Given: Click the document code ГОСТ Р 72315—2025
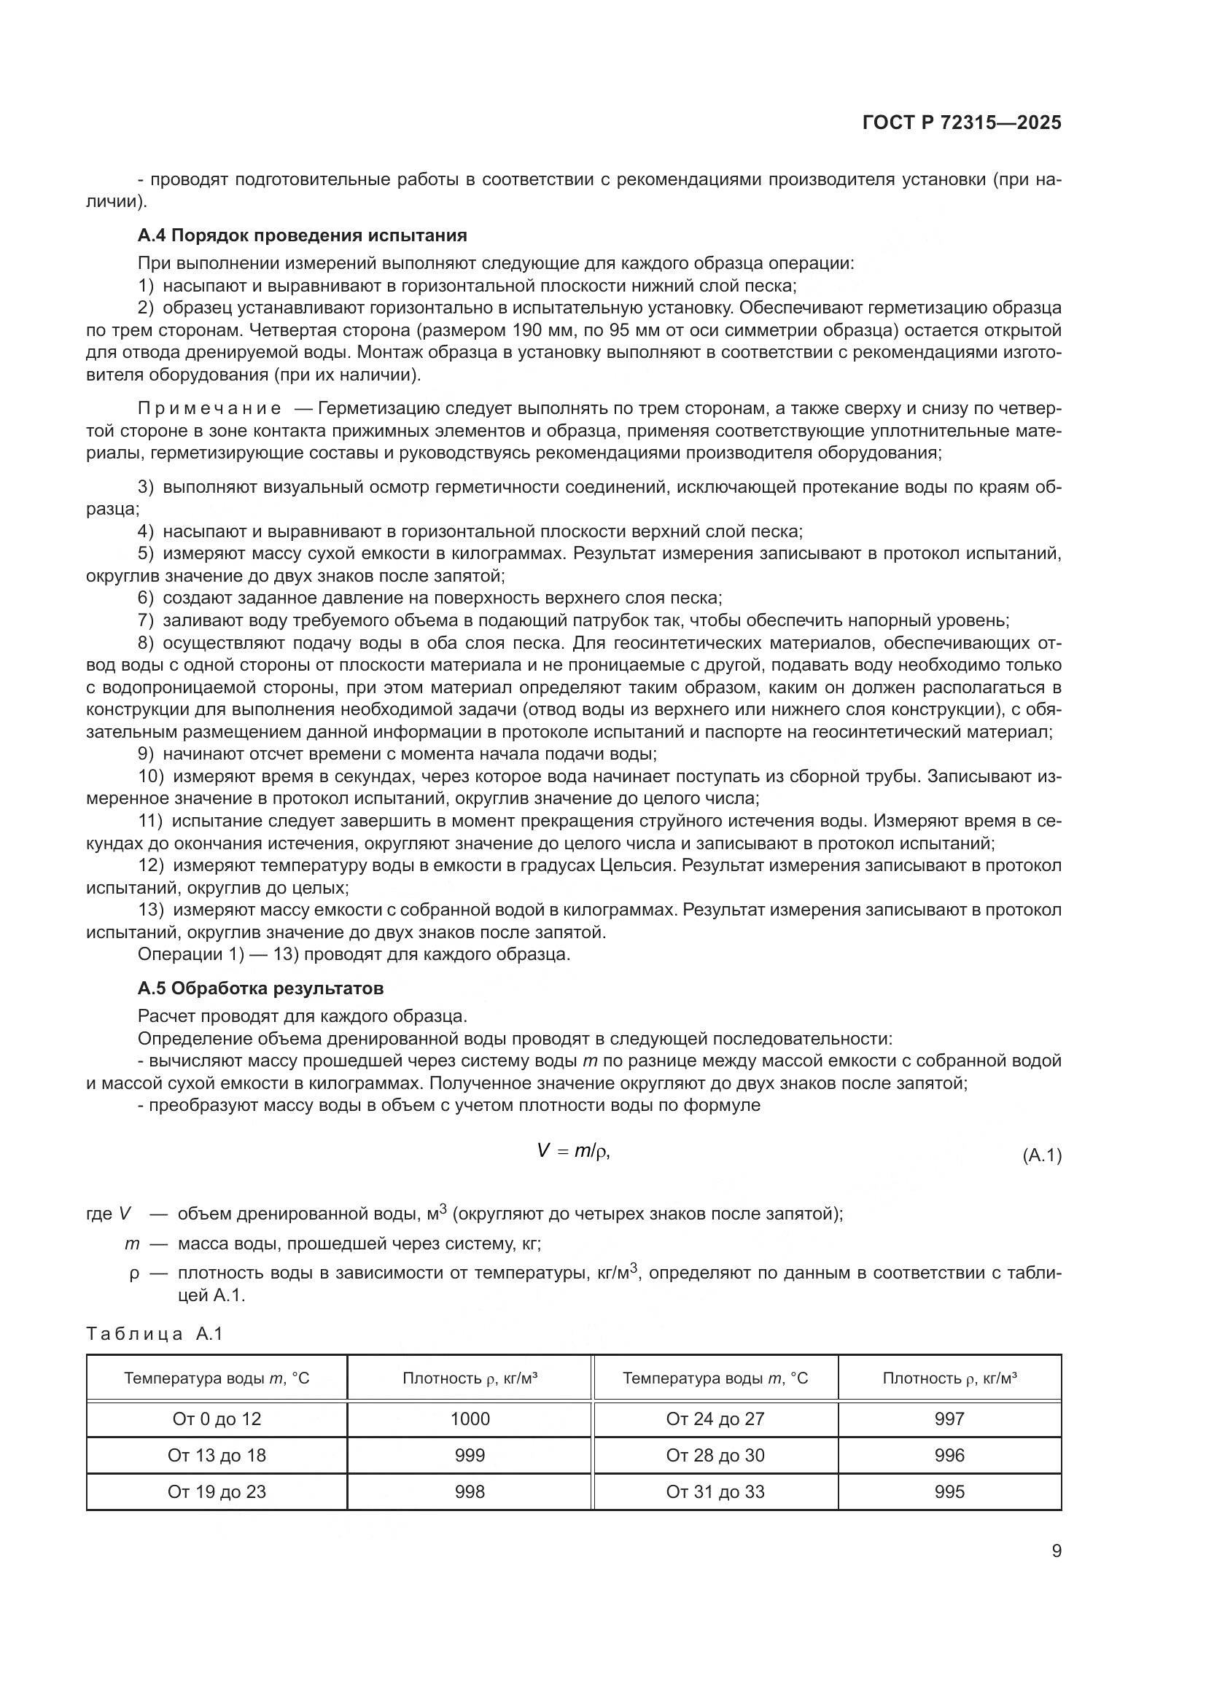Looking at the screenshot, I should click(962, 123).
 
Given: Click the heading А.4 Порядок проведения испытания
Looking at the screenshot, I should click(303, 235).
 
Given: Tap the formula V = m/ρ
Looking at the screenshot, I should click(572, 1151).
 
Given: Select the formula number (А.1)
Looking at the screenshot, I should click(1042, 1155).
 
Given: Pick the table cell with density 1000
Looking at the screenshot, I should click(470, 1419).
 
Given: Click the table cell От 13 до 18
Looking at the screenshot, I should click(216, 1456).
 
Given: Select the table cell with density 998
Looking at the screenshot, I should click(470, 1492).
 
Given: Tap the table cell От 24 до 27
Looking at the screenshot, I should click(715, 1419).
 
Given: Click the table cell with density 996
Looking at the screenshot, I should click(949, 1456).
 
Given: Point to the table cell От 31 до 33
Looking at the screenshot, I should click(715, 1492).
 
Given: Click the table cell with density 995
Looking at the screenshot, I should click(949, 1492).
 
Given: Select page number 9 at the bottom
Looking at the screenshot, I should click(1056, 1551).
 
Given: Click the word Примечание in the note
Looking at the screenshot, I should click(209, 408).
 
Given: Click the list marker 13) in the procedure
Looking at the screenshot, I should click(151, 910).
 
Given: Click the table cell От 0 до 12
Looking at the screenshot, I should click(216, 1419).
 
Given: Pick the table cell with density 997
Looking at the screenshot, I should click(949, 1419).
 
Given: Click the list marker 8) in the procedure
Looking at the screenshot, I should click(146, 642).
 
